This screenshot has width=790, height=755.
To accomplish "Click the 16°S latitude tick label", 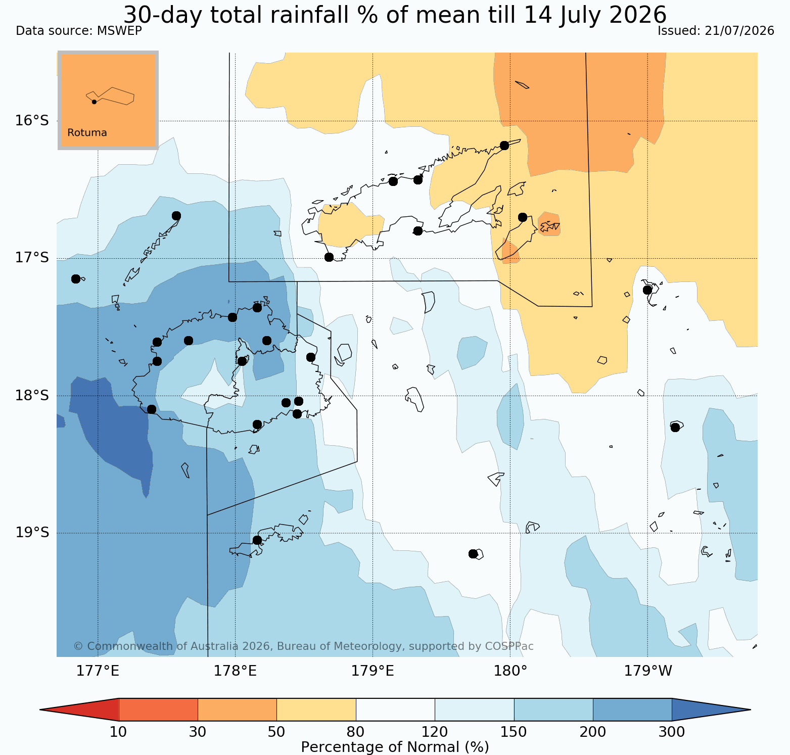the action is point(32,121).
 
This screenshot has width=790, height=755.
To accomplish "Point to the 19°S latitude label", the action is point(32,533).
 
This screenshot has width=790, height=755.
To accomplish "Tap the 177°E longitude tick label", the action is point(98,671).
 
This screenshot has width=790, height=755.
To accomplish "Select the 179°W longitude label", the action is point(648,671).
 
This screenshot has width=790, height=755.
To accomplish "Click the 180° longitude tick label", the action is point(510,671).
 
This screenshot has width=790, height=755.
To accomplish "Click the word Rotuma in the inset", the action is point(87,133).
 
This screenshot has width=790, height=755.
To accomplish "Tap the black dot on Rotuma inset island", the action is point(94,102).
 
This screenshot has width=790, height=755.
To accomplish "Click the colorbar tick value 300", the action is point(672,732).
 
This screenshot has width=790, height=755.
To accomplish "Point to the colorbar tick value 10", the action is point(118,732).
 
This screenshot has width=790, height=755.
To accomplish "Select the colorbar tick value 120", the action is point(435,732).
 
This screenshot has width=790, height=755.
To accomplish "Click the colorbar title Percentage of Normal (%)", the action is point(395,747).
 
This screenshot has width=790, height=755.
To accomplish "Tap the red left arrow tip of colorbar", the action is point(40,710).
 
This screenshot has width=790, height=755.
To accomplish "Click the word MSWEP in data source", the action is point(119,31).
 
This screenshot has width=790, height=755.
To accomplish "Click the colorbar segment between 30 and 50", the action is point(237,710).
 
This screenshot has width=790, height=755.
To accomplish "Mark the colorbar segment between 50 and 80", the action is point(316,710).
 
